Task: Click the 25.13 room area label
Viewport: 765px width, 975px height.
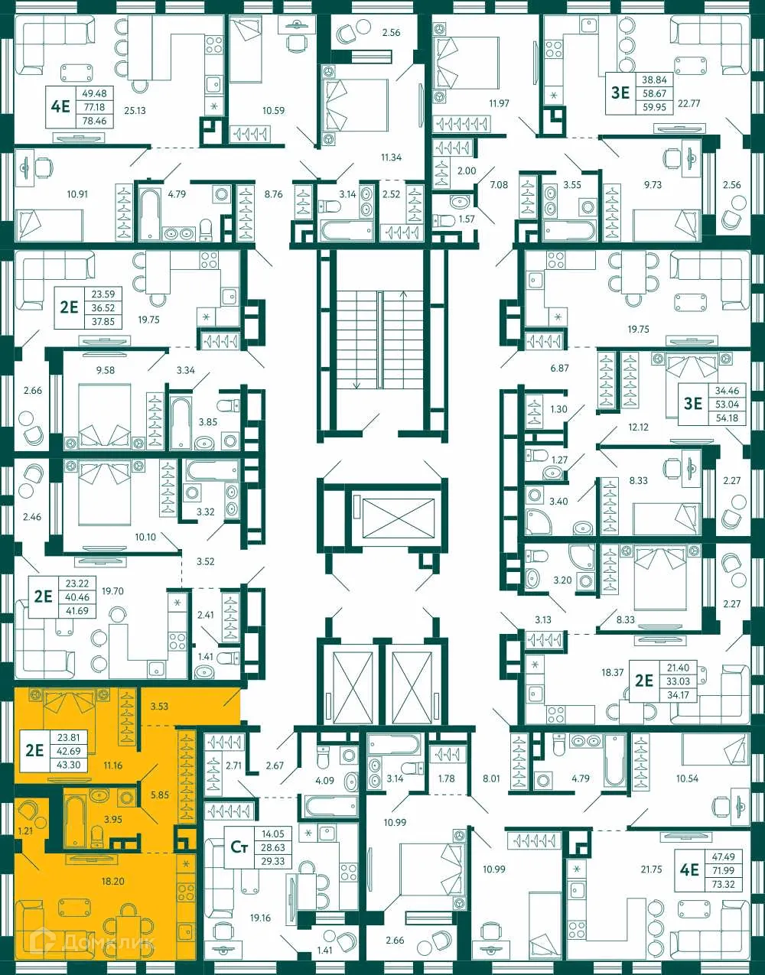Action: [x=135, y=111]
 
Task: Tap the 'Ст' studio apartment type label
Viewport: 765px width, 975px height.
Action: [x=239, y=847]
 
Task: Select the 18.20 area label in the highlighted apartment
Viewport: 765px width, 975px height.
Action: [x=112, y=882]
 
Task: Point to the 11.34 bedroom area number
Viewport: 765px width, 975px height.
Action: [x=391, y=158]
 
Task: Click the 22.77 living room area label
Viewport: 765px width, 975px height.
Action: [x=688, y=103]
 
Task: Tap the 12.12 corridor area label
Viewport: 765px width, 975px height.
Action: [x=638, y=427]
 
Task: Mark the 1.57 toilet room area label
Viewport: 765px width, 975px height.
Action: [x=466, y=219]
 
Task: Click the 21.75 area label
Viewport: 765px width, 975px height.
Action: [x=651, y=869]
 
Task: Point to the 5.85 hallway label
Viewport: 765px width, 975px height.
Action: [x=159, y=795]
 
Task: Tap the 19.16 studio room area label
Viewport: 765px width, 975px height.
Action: [x=260, y=918]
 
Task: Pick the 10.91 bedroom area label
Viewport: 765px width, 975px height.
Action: [x=76, y=194]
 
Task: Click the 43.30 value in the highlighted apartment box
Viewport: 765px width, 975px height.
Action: [x=68, y=765]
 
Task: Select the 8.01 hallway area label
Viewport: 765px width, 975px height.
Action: [x=491, y=779]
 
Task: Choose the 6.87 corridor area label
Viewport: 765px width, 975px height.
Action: [x=560, y=369]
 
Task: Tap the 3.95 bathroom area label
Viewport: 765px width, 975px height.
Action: [x=112, y=820]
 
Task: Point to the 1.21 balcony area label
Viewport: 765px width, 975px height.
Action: [x=25, y=830]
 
